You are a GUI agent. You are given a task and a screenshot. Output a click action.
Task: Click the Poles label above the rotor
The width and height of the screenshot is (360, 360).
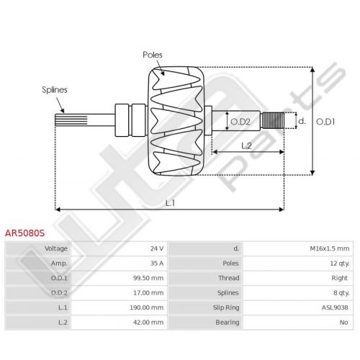coord(153,55)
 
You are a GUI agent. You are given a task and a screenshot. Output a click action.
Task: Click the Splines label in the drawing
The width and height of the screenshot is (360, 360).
coord(55,90)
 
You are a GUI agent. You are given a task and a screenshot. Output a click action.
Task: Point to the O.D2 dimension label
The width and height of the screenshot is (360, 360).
coord(240,122)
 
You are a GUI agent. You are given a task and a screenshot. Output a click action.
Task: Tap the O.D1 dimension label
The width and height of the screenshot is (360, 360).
coord(325,122)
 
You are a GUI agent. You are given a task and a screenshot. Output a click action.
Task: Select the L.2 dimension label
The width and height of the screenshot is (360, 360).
coord(246,145)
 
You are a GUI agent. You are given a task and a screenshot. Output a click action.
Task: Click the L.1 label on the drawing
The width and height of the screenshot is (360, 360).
coord(170,203)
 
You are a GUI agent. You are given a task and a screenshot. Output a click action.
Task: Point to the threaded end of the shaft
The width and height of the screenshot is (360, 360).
coord(273,120)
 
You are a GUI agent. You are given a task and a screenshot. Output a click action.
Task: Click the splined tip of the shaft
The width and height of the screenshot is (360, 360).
coord(71,120)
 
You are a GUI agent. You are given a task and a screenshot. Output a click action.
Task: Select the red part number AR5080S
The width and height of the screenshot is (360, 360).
coord(24,233)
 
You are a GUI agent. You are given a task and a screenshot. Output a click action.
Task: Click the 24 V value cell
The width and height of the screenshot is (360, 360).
coord(157,248)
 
